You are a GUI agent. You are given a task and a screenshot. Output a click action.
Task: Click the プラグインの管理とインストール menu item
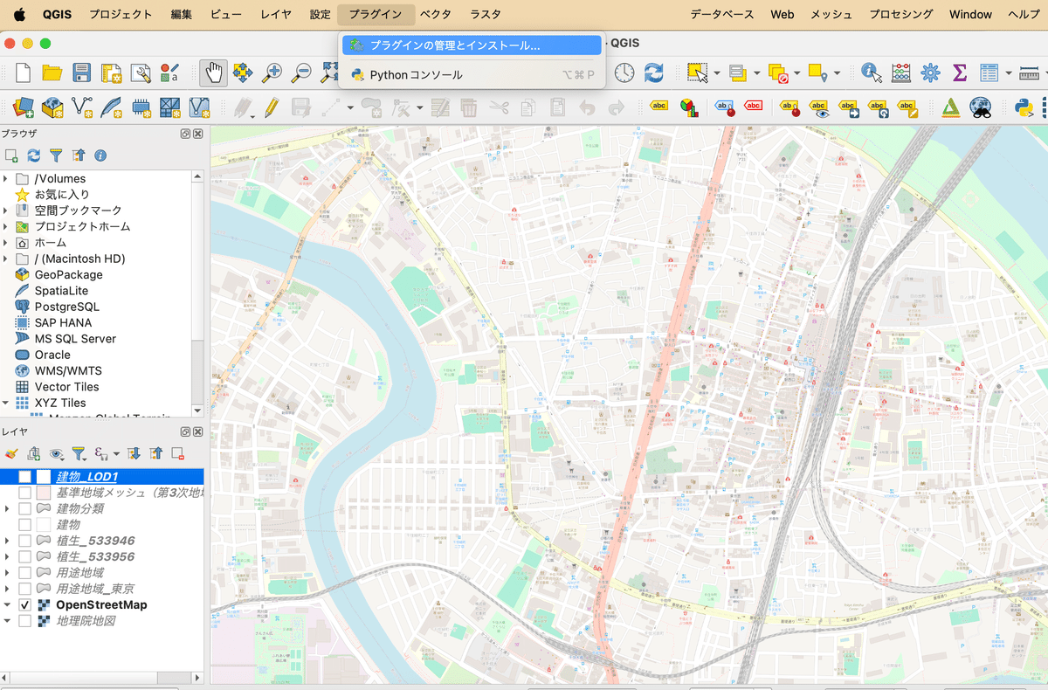[454, 45]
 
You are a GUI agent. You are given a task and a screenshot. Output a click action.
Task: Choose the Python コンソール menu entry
[416, 75]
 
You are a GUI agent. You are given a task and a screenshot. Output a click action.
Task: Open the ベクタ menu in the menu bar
[435, 14]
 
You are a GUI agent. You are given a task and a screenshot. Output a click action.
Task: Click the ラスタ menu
[486, 14]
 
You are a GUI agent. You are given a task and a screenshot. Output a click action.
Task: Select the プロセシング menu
[901, 14]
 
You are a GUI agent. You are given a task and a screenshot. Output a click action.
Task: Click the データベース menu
[722, 14]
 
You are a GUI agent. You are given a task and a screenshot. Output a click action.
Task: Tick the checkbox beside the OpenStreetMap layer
[25, 604]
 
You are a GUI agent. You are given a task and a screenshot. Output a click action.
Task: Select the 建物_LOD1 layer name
[86, 477]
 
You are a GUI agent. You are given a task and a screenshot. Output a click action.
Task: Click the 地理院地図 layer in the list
[86, 621]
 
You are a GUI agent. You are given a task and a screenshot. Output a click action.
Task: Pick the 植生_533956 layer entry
[95, 556]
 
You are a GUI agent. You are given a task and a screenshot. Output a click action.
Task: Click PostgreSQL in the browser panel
[66, 307]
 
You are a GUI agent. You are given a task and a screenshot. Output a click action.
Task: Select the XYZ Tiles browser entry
[60, 403]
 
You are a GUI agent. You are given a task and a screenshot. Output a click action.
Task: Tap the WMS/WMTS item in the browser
[68, 370]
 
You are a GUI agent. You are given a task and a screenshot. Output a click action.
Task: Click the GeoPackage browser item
[68, 274]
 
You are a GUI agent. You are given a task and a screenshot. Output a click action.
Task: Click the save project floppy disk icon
[81, 73]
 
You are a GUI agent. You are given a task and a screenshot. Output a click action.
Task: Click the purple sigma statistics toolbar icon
[959, 73]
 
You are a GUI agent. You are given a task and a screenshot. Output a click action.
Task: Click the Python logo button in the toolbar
[1024, 107]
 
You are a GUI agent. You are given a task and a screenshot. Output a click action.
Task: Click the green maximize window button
[45, 43]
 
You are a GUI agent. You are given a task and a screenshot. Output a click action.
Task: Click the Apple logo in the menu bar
[19, 14]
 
